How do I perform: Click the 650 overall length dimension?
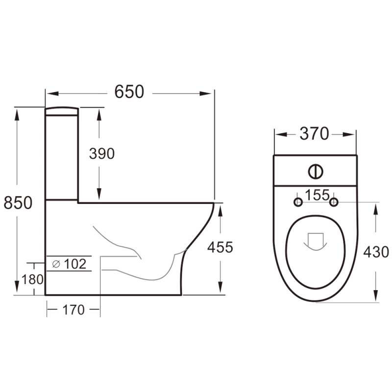click(129, 92)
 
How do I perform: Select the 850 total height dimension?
click(18, 202)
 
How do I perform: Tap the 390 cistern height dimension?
click(101, 153)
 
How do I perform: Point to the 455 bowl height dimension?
click(220, 247)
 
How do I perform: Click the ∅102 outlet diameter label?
click(69, 264)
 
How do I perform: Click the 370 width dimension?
click(314, 134)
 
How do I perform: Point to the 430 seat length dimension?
click(376, 252)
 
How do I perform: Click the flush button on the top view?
click(316, 171)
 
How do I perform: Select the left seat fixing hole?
click(297, 202)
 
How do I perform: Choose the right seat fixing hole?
click(334, 202)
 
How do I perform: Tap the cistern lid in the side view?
click(62, 111)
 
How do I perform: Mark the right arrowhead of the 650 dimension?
click(208, 92)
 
